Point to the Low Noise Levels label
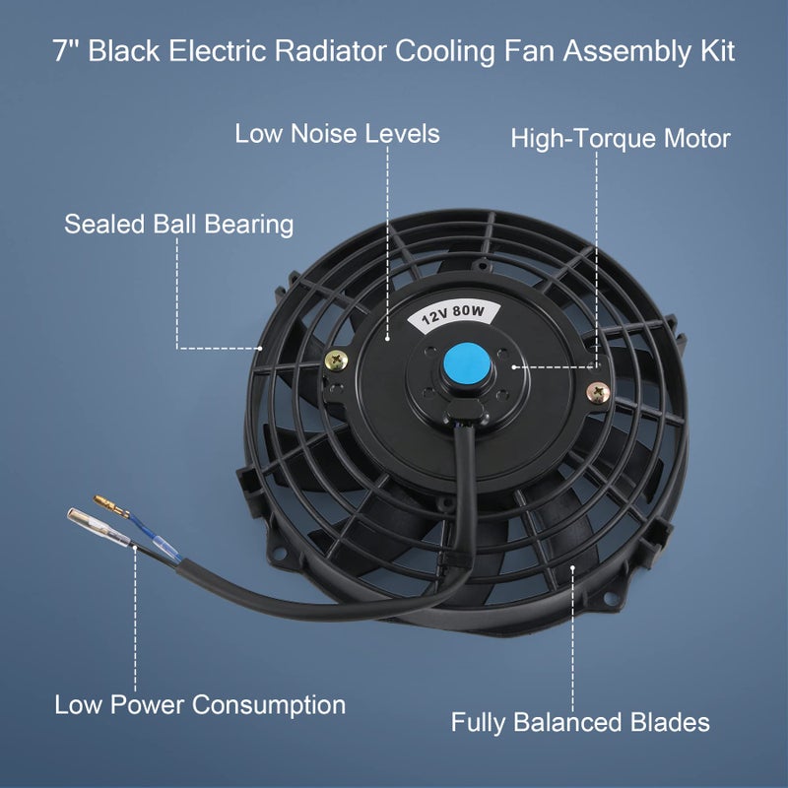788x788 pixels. pyautogui.click(x=337, y=134)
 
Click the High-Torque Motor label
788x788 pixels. pyautogui.click(x=621, y=139)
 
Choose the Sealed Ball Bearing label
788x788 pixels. pyautogui.click(x=179, y=224)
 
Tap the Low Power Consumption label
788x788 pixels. pyautogui.click(x=200, y=705)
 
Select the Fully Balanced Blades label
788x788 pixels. pyautogui.click(x=580, y=722)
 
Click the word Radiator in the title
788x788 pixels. pyautogui.click(x=333, y=51)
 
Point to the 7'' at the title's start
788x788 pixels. pyautogui.click(x=66, y=51)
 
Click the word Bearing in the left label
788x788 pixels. pyautogui.click(x=249, y=224)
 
